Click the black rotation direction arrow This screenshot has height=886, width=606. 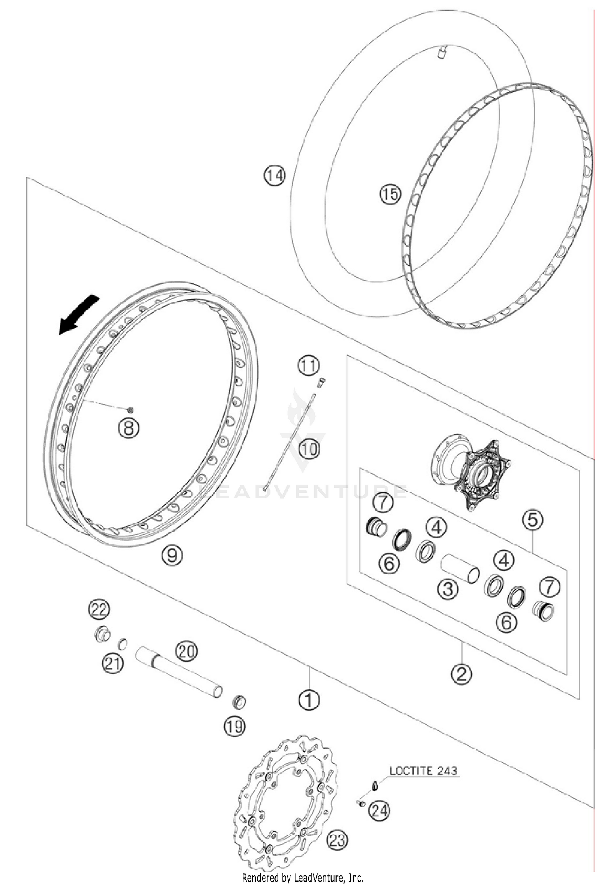point(79,315)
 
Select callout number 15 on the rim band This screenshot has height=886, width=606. point(389,194)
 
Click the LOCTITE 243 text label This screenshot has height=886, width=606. point(423,770)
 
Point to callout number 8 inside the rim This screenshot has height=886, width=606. point(128,428)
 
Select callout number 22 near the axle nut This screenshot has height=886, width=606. point(99,609)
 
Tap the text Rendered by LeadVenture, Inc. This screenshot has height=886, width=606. point(303,878)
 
